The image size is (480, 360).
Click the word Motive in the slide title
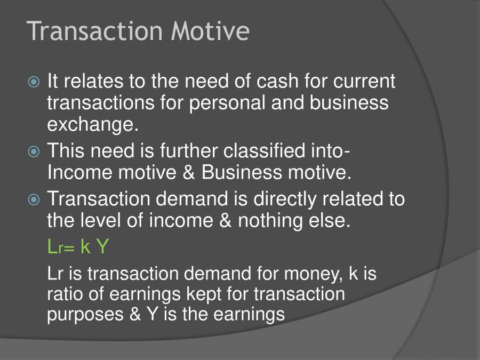(210, 31)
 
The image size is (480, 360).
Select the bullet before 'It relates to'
(34, 82)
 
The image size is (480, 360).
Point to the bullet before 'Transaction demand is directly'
(34, 199)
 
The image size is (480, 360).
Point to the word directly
(285, 199)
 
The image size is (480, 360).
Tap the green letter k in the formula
(85, 246)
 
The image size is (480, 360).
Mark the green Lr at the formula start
(55, 246)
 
